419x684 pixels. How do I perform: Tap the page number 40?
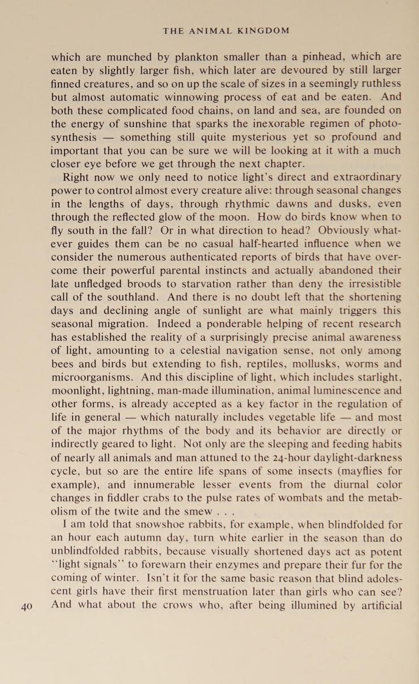click(26, 606)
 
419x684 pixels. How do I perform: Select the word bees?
click(62, 364)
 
